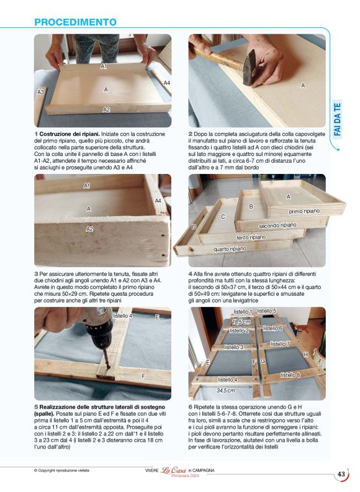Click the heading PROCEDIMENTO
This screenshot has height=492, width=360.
click(x=75, y=22)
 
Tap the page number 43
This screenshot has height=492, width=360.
click(x=341, y=474)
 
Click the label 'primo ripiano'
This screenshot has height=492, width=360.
click(x=304, y=211)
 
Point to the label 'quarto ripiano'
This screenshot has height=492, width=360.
click(x=230, y=248)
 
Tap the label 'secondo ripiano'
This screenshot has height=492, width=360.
click(x=277, y=225)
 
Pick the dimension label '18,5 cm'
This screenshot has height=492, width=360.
click(x=241, y=322)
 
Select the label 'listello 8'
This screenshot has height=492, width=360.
click(x=290, y=375)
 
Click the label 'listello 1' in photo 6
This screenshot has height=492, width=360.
click(x=242, y=312)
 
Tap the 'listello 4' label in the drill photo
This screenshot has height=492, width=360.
click(x=122, y=316)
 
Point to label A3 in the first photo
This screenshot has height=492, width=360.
click(x=40, y=92)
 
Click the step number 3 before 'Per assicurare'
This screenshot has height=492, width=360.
click(x=37, y=273)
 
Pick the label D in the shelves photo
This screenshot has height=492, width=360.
click(x=194, y=227)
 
